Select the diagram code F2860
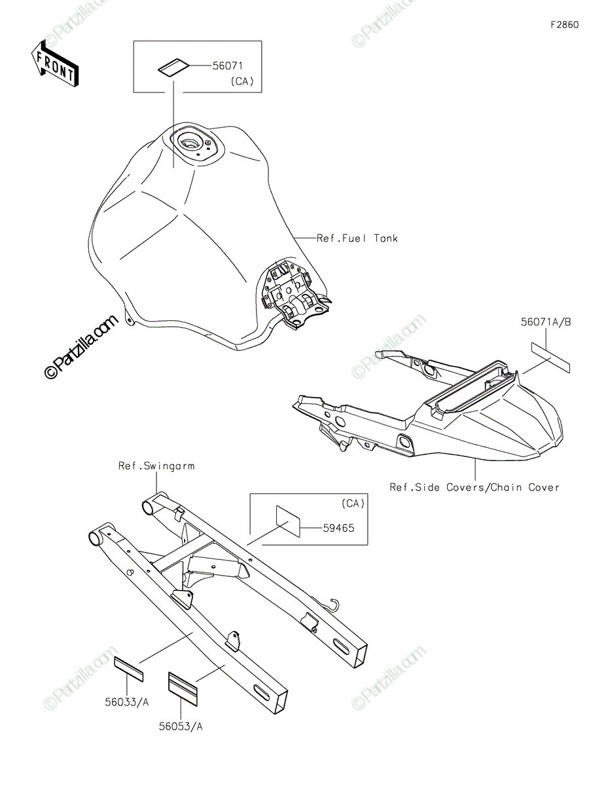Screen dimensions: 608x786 pos(564,26)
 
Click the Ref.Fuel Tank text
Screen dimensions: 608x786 pos(357,238)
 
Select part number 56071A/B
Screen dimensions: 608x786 pos(546,322)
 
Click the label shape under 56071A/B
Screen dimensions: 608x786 pos(550,357)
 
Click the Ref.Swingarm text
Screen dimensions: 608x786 pos(156,466)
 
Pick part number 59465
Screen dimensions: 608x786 pos(338,527)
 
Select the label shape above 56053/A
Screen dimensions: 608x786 pos(183,686)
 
